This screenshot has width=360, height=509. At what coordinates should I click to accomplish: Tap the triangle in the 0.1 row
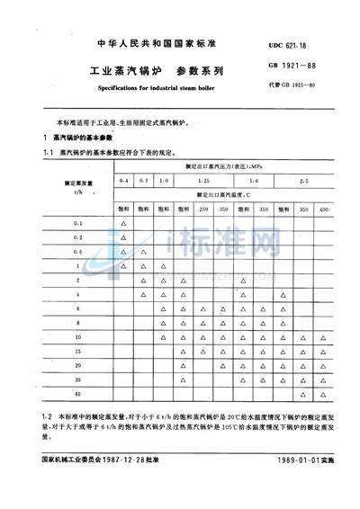(124, 222)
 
